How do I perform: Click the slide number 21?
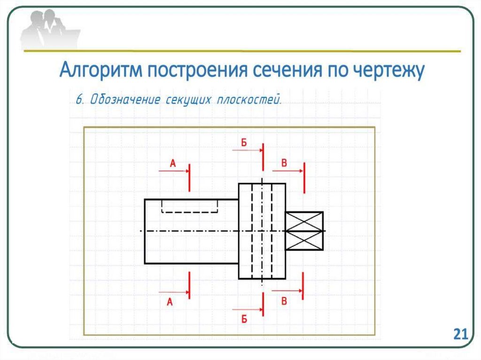(460, 334)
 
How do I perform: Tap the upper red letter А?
(172, 163)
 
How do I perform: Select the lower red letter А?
(170, 303)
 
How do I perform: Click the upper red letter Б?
(244, 143)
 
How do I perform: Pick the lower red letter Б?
(244, 319)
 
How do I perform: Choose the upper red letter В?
(284, 163)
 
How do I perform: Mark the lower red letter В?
(284, 301)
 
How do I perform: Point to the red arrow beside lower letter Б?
(247, 309)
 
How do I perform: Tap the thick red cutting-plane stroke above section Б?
(263, 156)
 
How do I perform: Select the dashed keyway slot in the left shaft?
(190, 206)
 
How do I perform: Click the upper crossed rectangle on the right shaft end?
(304, 221)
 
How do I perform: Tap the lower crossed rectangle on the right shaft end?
(304, 241)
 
